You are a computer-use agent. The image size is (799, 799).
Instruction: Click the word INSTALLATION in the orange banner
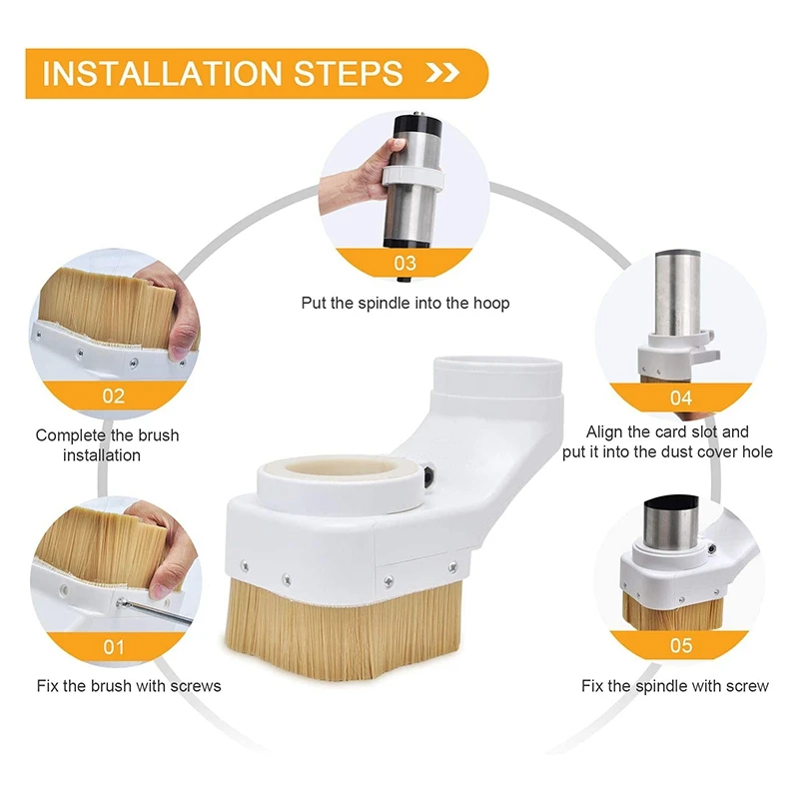[x=162, y=73]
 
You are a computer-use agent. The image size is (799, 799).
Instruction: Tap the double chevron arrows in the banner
[x=441, y=73]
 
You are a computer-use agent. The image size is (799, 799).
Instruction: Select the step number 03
[x=405, y=263]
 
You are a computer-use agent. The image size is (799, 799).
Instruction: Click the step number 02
[x=113, y=396]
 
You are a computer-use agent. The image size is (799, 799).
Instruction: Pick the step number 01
[x=113, y=647]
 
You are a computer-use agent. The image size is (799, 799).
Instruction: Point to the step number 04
[x=681, y=398]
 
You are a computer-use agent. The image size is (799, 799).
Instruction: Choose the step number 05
[x=681, y=645]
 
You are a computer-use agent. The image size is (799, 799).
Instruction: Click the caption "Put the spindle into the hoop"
[x=405, y=304]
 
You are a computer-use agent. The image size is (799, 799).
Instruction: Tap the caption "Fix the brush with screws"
[x=129, y=686]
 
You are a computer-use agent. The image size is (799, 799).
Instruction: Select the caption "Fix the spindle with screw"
[x=675, y=686]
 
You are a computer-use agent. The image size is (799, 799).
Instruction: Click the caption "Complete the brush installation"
[x=107, y=444]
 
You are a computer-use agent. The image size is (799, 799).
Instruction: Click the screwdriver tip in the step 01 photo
[x=121, y=603]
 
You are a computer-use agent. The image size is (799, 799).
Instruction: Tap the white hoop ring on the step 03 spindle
[x=413, y=177]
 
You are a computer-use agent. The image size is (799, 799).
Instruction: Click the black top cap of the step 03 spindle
[x=416, y=124]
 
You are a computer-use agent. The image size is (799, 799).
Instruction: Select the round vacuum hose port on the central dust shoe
[x=497, y=377]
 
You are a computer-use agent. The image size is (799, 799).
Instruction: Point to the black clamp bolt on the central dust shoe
[x=429, y=475]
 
